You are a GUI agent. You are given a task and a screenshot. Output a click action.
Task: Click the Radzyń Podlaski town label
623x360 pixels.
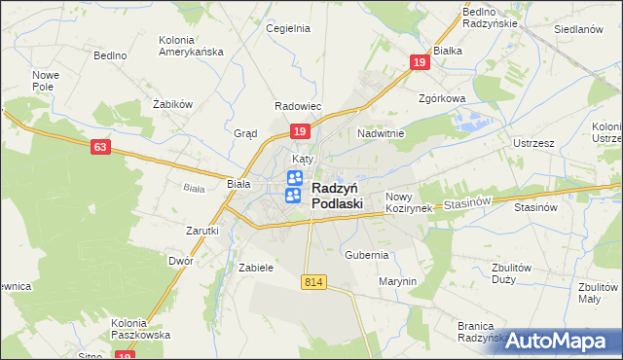pyautogui.click(x=337, y=196)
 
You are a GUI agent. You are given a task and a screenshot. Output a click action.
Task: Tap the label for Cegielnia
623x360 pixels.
pyautogui.click(x=288, y=28)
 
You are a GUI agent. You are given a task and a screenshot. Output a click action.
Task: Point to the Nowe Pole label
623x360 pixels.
pyautogui.click(x=46, y=81)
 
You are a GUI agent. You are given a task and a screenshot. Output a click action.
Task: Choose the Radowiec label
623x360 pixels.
pyautogui.click(x=298, y=106)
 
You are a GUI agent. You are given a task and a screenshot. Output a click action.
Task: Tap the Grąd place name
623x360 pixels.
pyautogui.click(x=245, y=133)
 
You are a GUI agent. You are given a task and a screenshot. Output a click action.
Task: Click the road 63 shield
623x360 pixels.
pyautogui.click(x=100, y=147)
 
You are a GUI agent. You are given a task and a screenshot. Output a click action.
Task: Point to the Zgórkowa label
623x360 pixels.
pyautogui.click(x=443, y=98)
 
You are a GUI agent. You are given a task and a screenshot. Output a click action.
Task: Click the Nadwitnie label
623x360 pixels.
pyautogui.click(x=381, y=132)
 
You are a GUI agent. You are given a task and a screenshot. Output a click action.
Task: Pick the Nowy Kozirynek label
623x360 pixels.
pyautogui.click(x=409, y=202)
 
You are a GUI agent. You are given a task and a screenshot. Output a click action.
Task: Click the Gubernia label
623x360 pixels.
pyautogui.click(x=367, y=254)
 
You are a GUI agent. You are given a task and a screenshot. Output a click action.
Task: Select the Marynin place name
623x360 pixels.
pyautogui.click(x=397, y=281)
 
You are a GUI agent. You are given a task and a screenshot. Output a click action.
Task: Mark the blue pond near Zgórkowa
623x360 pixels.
pyautogui.click(x=472, y=123)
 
